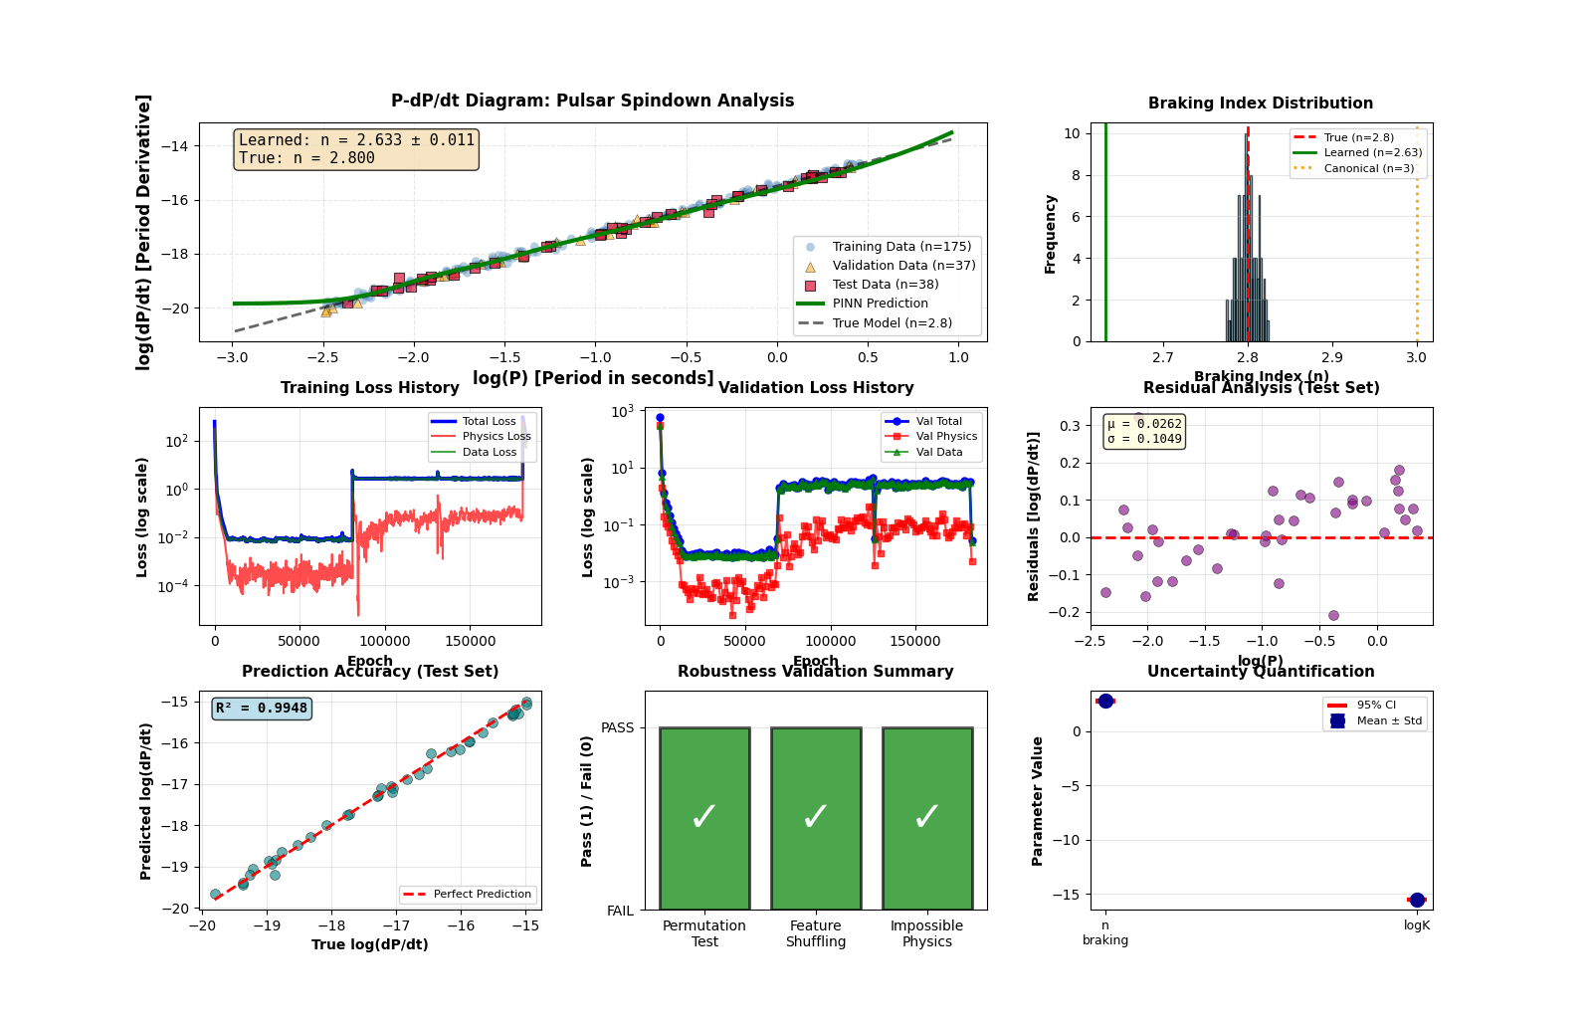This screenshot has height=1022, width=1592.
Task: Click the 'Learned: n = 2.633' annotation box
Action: [356, 149]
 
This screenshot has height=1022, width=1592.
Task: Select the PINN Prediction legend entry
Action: [880, 304]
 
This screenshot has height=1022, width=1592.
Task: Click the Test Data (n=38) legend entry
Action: [885, 285]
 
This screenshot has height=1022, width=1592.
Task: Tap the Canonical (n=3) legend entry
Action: [1368, 168]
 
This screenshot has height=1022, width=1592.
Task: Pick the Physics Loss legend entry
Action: [496, 436]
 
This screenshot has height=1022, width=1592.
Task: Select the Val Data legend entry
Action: [938, 452]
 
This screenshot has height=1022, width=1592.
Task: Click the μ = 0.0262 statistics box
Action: [1144, 431]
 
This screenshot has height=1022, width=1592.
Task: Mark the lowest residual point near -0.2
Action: [1333, 615]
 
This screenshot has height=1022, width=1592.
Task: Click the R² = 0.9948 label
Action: [262, 709]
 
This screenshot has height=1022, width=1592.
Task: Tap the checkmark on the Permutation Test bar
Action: [704, 817]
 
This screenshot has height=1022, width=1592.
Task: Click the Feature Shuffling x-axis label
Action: [816, 933]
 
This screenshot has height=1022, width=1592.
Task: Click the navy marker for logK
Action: [1417, 900]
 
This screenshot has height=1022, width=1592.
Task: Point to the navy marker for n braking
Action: [1105, 701]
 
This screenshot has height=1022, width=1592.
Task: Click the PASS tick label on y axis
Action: [617, 727]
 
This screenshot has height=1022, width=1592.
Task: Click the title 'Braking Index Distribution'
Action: [1260, 103]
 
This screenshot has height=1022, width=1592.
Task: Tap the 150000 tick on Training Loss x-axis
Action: [470, 641]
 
